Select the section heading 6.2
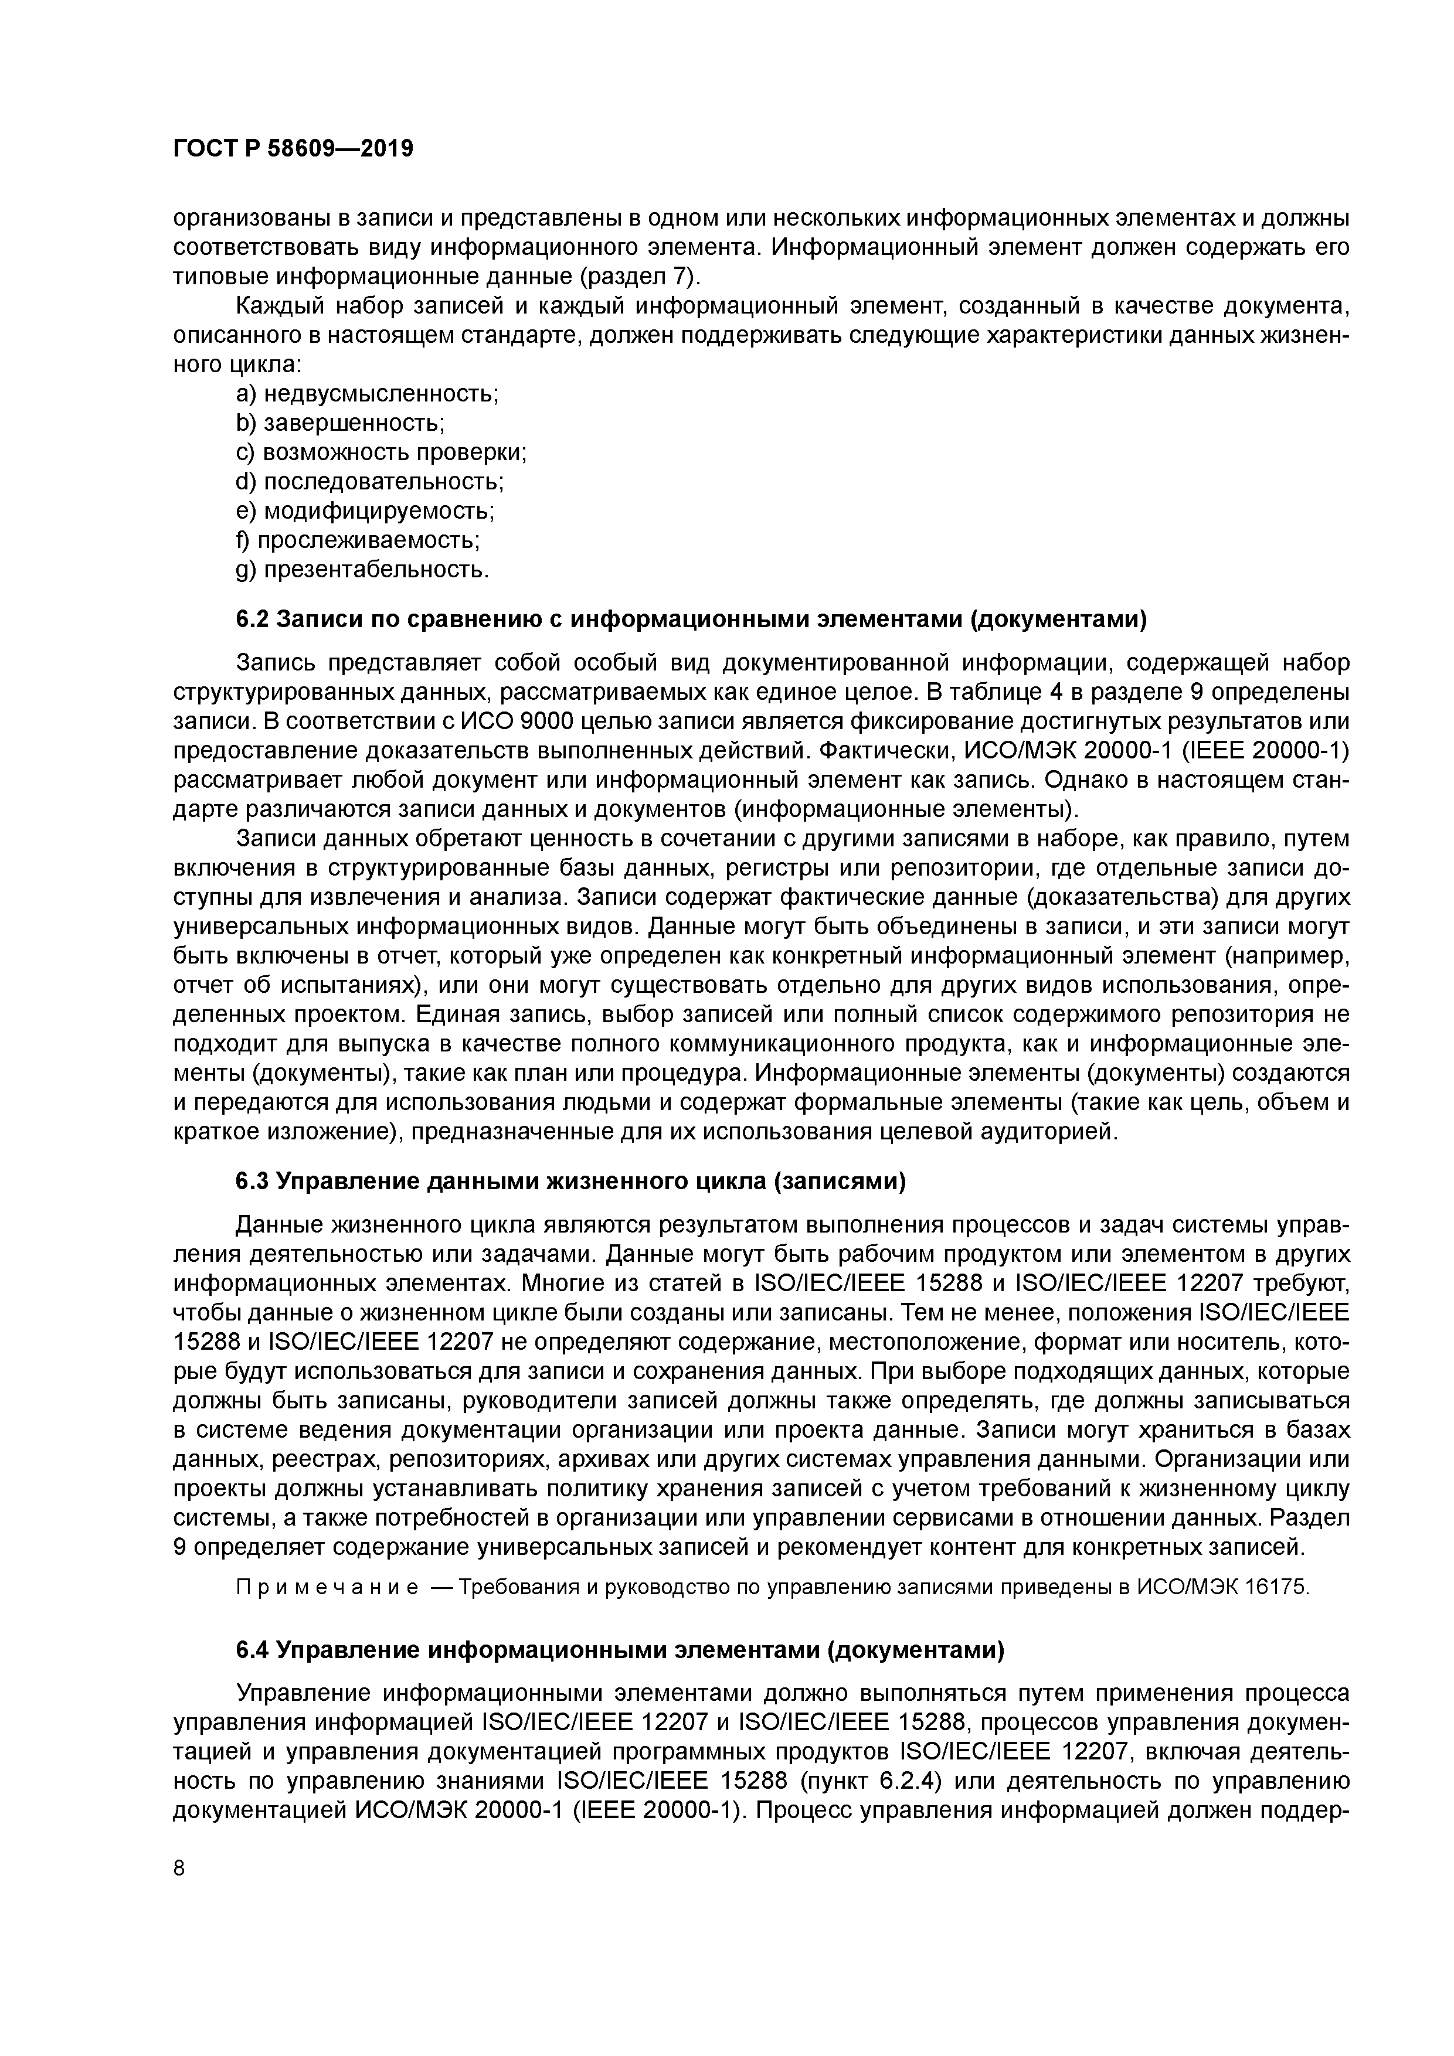click(x=691, y=619)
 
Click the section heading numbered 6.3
click(x=570, y=1181)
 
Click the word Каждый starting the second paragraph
click(x=278, y=307)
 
